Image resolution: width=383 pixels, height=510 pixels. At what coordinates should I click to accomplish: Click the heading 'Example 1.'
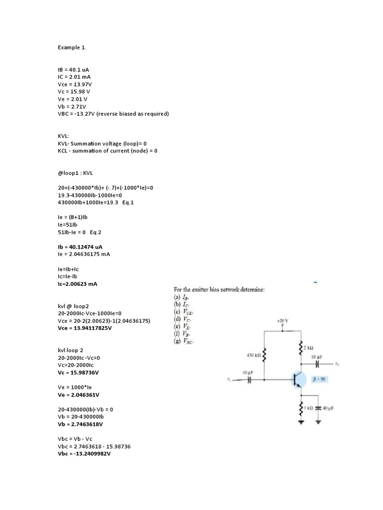pyautogui.click(x=72, y=47)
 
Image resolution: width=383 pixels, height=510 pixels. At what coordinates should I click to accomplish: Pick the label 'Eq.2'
pyautogui.click(x=96, y=232)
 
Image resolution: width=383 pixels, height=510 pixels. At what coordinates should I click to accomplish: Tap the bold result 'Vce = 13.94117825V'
pyautogui.click(x=85, y=328)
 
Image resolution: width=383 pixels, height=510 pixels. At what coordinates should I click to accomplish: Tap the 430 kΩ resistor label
pyautogui.click(x=253, y=355)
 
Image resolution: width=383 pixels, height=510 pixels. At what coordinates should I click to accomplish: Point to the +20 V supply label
pyautogui.click(x=283, y=320)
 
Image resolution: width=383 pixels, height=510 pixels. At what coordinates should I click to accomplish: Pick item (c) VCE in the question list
pyautogui.click(x=184, y=311)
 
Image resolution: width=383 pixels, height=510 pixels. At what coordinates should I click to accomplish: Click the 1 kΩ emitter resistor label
pyautogui.click(x=310, y=408)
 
